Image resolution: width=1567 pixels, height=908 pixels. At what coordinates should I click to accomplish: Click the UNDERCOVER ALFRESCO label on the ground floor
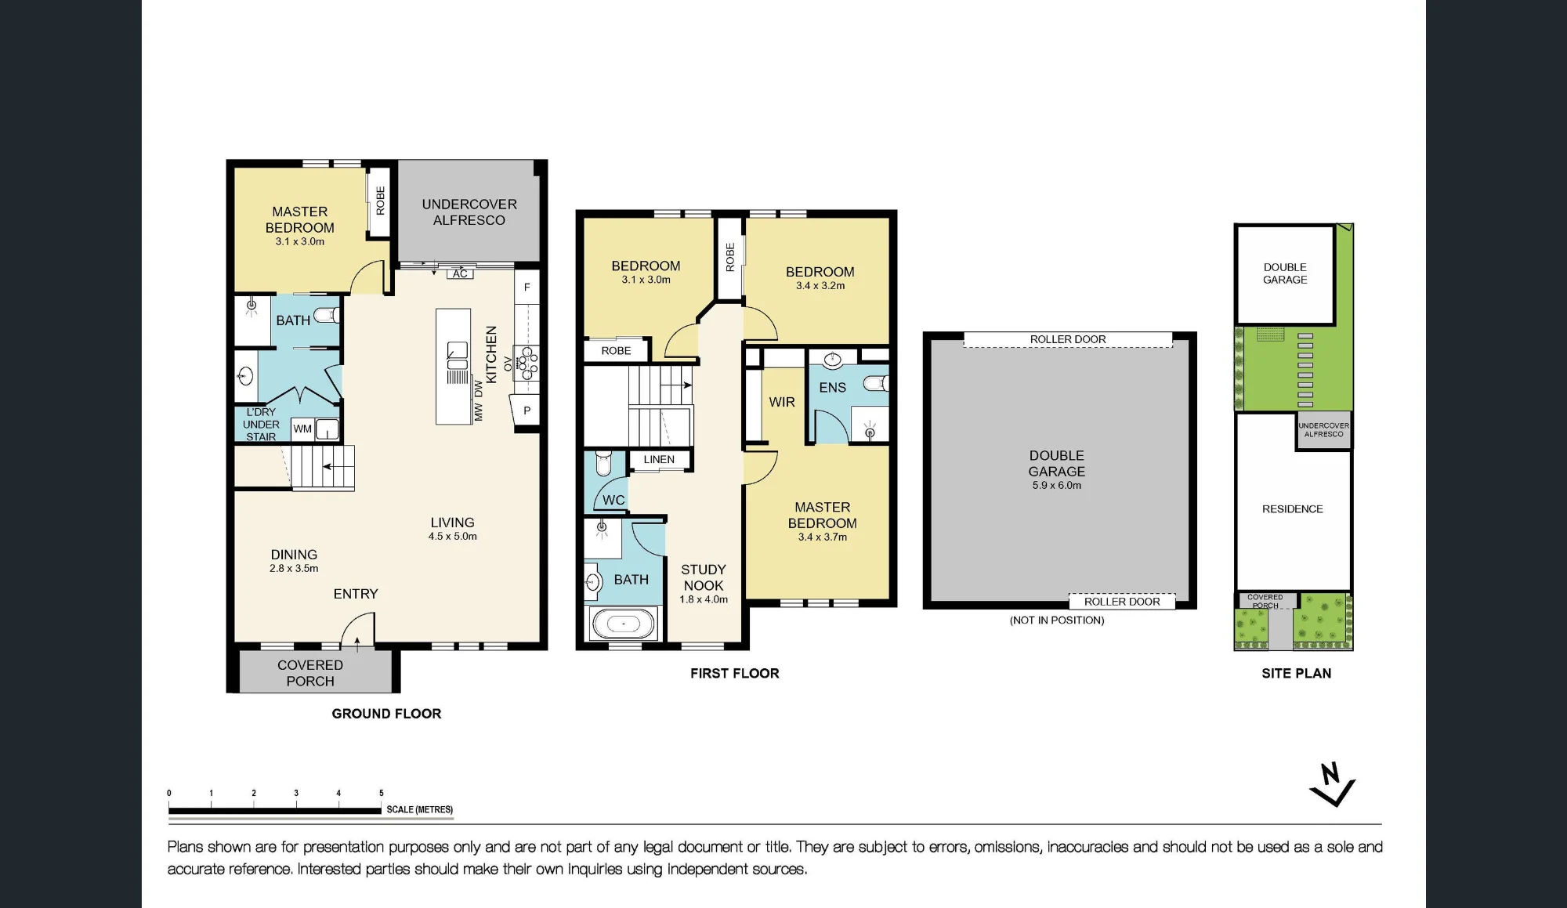click(x=469, y=212)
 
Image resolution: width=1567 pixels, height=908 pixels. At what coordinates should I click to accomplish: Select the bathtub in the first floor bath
click(x=624, y=624)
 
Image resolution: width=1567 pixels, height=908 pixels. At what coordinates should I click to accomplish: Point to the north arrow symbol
click(x=1332, y=785)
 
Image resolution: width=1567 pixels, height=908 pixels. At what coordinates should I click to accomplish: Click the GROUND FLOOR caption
click(x=386, y=714)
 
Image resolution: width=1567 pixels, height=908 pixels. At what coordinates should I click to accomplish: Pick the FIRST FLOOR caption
click(x=735, y=673)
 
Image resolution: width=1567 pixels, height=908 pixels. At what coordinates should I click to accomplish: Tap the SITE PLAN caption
click(x=1296, y=673)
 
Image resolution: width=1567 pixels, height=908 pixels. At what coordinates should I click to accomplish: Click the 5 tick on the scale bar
click(x=382, y=794)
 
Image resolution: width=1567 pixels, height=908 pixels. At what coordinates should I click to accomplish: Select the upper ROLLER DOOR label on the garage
click(x=1068, y=339)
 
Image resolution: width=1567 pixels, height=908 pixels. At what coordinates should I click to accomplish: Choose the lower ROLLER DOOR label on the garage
click(x=1122, y=602)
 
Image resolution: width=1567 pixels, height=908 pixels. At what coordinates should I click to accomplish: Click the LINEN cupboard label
click(x=659, y=459)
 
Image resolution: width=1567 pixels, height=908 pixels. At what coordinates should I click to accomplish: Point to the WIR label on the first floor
click(x=782, y=402)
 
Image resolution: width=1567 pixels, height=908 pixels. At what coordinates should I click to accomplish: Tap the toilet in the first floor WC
click(x=603, y=462)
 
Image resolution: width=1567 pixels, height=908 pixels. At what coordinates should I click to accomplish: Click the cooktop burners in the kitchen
click(x=527, y=363)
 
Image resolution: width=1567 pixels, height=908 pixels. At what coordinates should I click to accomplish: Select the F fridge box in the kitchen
click(x=527, y=288)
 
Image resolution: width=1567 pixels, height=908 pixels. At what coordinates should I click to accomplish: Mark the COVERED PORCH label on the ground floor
click(x=310, y=673)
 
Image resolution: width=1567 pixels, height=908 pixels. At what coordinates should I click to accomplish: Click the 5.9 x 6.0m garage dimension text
click(x=1056, y=486)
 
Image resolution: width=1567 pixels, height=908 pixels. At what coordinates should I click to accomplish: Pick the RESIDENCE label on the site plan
click(x=1292, y=509)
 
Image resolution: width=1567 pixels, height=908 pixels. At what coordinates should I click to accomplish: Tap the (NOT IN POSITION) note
click(x=1057, y=620)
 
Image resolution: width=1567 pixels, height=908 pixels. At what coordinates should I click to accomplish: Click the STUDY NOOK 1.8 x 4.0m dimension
click(x=704, y=599)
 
